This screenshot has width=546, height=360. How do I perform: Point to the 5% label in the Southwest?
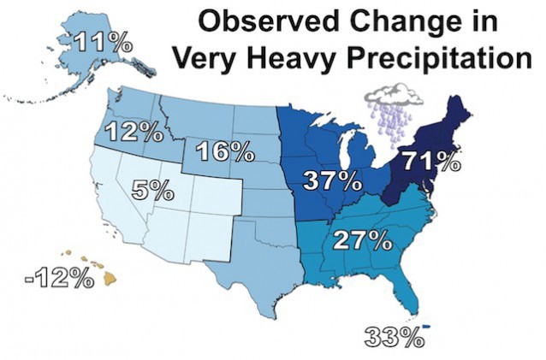[153, 190]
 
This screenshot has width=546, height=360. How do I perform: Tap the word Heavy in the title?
[286, 57]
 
